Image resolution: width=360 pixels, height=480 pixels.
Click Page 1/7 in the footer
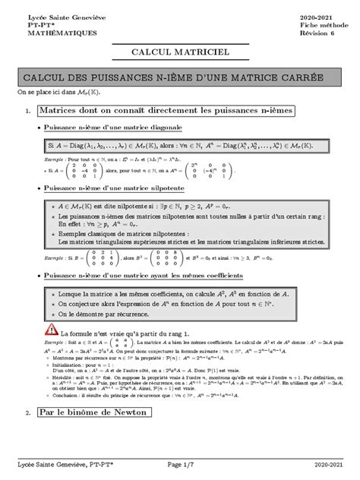tap(180, 463)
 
